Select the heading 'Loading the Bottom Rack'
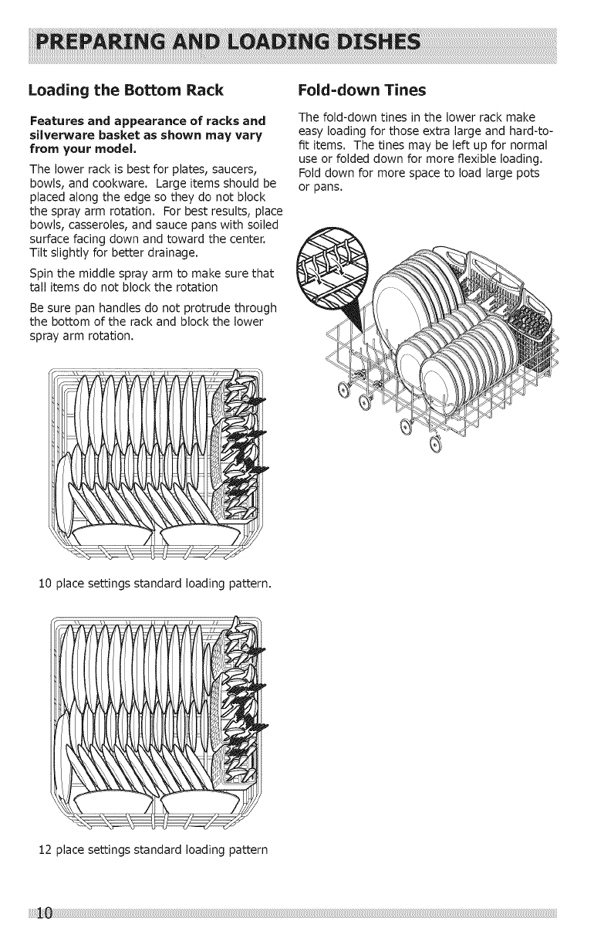click(126, 90)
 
